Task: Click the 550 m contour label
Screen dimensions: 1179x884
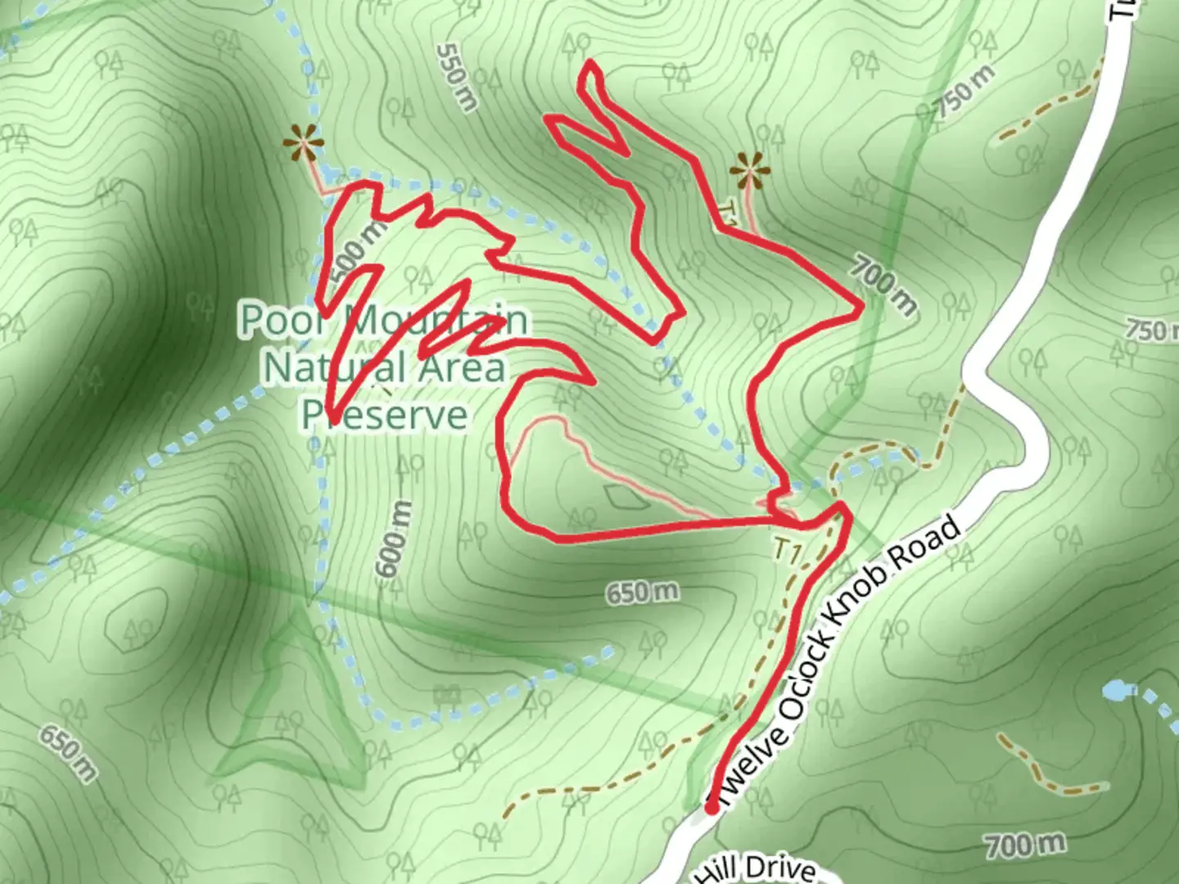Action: [457, 77]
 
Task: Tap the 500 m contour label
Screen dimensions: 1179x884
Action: [359, 246]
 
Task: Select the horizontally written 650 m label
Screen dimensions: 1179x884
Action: [643, 592]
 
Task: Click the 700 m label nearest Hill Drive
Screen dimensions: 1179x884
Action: [1025, 844]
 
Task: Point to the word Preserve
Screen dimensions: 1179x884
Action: [385, 414]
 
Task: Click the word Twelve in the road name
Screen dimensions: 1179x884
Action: [748, 760]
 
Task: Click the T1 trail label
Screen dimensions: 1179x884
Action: [788, 552]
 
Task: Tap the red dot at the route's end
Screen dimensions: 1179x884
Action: [711, 808]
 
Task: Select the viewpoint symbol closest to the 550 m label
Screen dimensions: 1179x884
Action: [304, 146]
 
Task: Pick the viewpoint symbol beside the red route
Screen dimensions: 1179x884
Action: [749, 172]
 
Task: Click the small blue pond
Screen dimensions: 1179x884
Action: [1114, 691]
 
